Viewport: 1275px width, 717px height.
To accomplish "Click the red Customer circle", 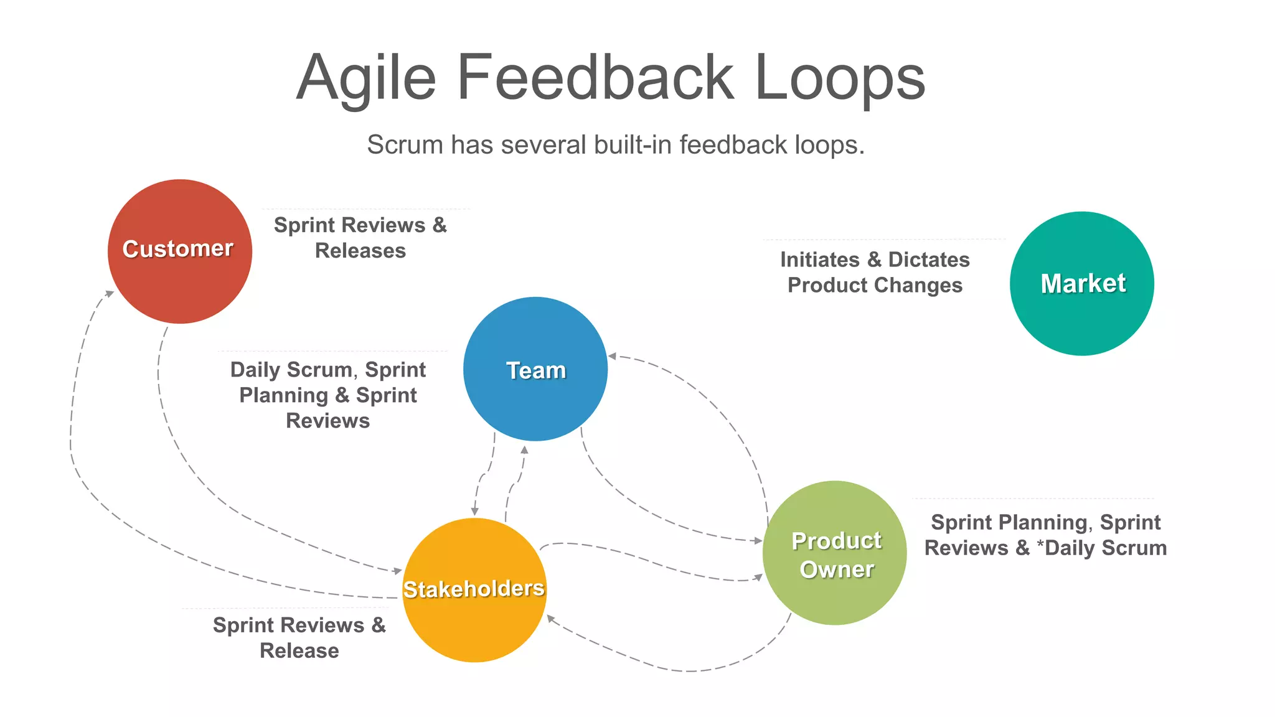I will point(179,251).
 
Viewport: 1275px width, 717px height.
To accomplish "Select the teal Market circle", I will point(1082,284).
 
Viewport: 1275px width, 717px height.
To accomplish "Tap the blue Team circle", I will point(535,369).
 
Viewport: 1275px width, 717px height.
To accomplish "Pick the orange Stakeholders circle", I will point(474,590).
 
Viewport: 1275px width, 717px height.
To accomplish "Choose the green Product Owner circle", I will point(834,553).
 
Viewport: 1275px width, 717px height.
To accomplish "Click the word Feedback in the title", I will point(595,77).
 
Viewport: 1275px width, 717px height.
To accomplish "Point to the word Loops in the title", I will point(840,77).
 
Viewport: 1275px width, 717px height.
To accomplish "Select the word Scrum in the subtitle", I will point(405,145).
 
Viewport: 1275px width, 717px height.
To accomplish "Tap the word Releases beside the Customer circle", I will point(360,251).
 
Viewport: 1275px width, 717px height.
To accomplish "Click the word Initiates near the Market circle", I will point(819,260).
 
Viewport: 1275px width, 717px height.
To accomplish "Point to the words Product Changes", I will point(875,285).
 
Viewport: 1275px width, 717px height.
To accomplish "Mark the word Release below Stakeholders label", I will point(299,650).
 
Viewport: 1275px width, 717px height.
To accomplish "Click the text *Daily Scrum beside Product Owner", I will point(1101,548).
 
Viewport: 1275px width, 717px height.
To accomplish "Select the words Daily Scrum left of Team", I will point(291,370).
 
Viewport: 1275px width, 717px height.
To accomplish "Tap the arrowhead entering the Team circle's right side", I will point(612,356).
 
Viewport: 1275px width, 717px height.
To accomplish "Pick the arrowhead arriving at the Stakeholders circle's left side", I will point(397,571).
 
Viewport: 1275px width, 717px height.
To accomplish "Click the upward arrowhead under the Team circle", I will point(524,449).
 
